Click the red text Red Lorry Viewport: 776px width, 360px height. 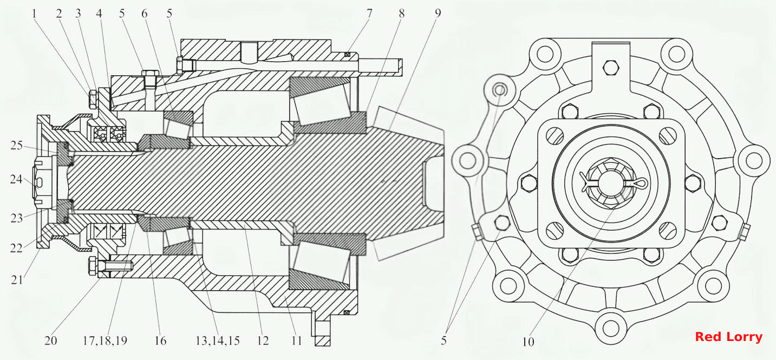pyautogui.click(x=728, y=337)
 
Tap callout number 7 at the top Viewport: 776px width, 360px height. pyautogui.click(x=369, y=14)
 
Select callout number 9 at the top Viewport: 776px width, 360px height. pyautogui.click(x=438, y=14)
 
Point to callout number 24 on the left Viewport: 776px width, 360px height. pyautogui.click(x=16, y=180)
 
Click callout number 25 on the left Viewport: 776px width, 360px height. pyautogui.click(x=16, y=146)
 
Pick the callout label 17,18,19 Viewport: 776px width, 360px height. pyautogui.click(x=105, y=341)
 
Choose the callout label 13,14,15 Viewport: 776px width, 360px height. pyautogui.click(x=218, y=341)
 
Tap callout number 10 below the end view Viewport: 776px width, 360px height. pyautogui.click(x=529, y=342)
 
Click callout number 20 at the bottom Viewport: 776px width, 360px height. pyautogui.click(x=50, y=341)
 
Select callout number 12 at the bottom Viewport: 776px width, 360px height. pyautogui.click(x=263, y=341)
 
